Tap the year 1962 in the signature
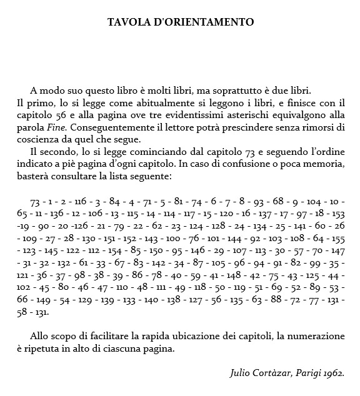tap(332, 374)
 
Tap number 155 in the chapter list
tap(338, 238)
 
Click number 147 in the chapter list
tap(337, 250)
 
